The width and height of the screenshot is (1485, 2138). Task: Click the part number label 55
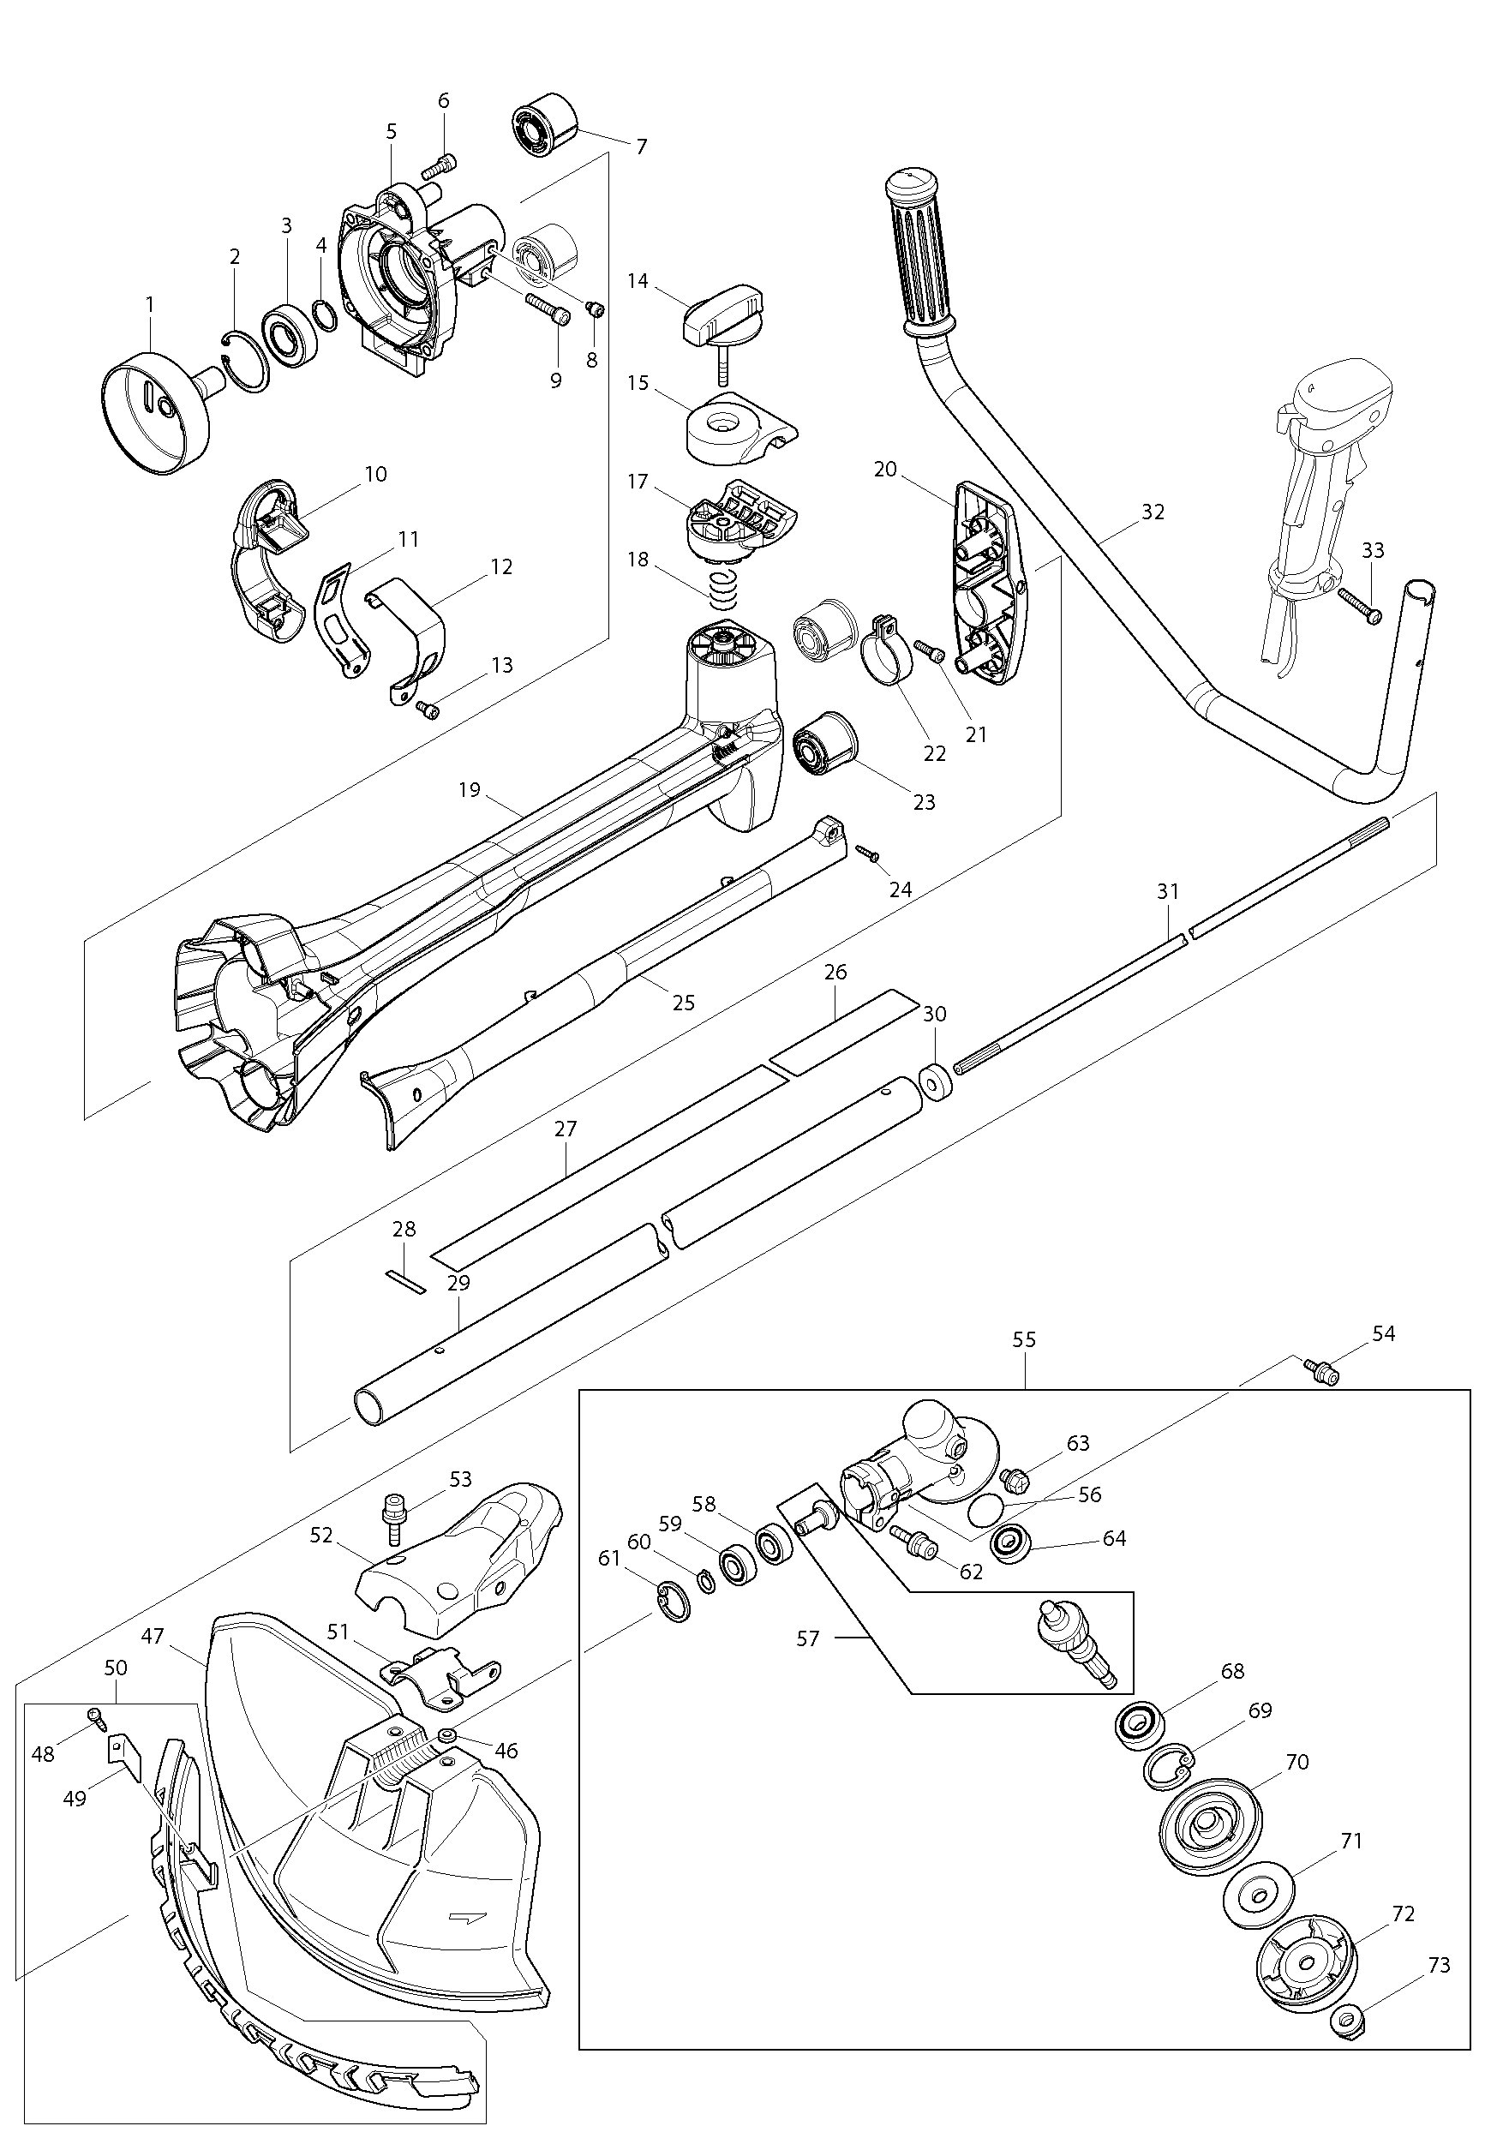pos(1025,1339)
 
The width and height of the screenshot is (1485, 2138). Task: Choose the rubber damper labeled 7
pos(545,127)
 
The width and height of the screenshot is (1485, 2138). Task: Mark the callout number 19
pos(469,790)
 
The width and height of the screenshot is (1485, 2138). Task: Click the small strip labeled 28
pos(404,1282)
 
